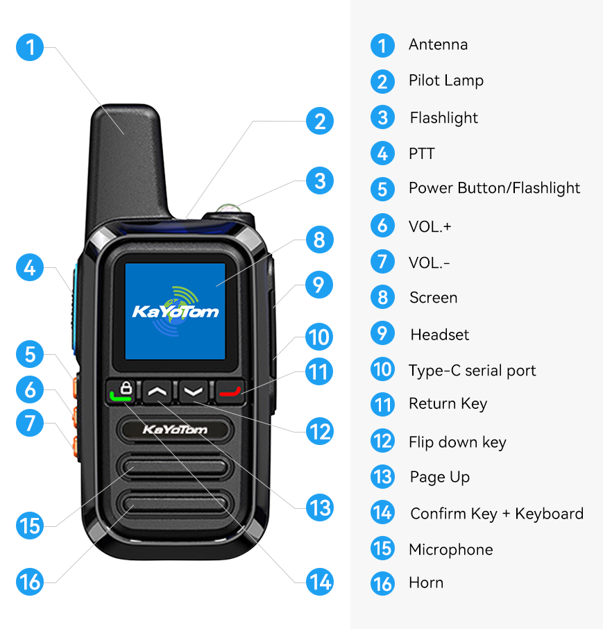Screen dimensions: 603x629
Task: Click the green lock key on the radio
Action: pos(121,391)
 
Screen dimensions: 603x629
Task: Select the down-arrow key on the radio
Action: pos(194,391)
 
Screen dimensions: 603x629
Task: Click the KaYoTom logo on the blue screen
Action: pos(175,311)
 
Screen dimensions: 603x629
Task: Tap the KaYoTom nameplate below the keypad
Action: pos(175,430)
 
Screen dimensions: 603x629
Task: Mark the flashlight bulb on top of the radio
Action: pos(228,208)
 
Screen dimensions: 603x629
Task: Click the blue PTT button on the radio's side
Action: pos(75,309)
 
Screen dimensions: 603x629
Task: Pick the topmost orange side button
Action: pos(75,387)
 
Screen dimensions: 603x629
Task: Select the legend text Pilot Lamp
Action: pos(446,81)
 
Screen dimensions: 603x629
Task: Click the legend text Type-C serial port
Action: pos(472,371)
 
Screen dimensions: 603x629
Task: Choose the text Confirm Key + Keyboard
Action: pos(497,514)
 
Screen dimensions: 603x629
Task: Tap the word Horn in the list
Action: pos(426,582)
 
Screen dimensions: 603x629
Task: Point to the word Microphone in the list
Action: pos(450,550)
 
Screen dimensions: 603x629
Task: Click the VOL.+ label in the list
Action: pos(430,226)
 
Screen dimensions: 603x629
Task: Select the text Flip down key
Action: pos(457,442)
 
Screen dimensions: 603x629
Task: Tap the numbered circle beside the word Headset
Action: pos(382,333)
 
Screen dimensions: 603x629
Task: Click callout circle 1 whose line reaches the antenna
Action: pos(30,47)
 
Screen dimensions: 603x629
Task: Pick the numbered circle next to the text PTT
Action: pos(382,153)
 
